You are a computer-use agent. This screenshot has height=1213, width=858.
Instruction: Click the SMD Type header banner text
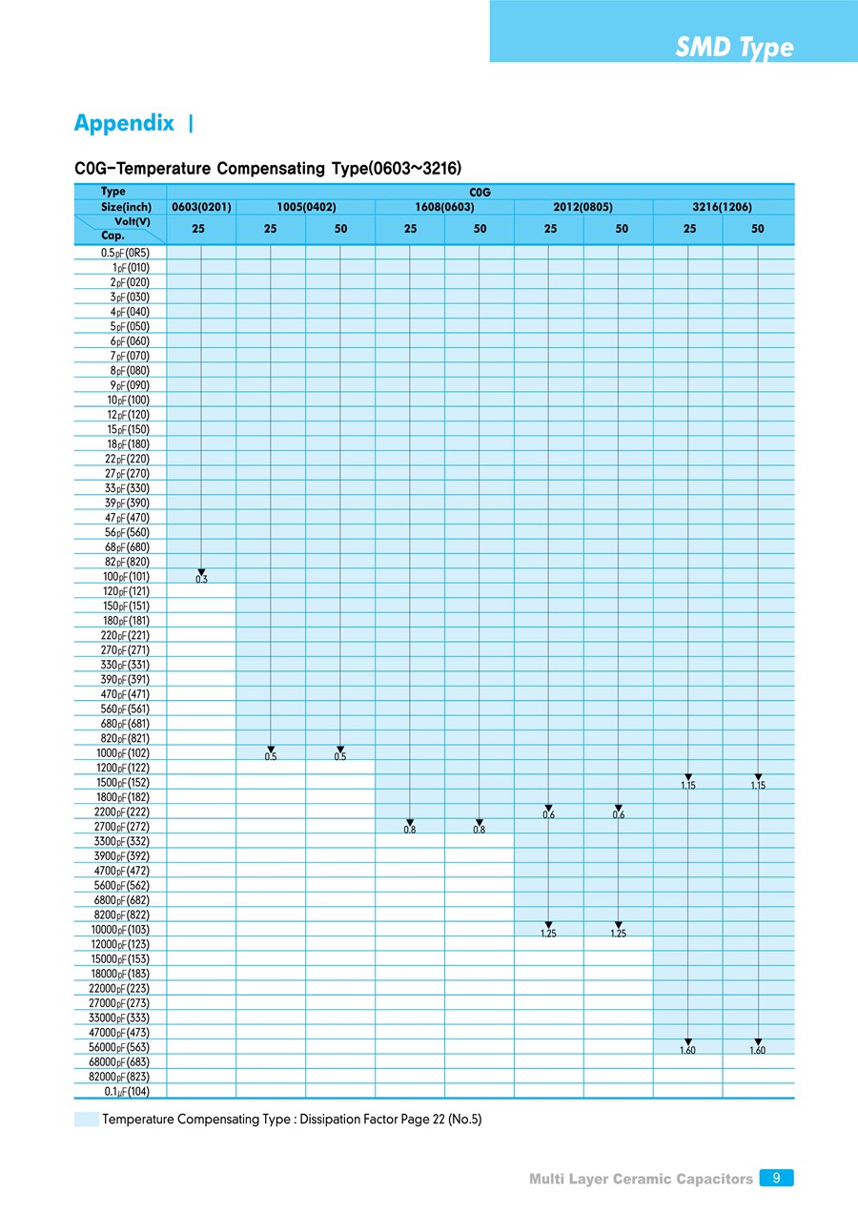tap(734, 48)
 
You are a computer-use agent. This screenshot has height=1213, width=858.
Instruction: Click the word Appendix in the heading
tap(124, 123)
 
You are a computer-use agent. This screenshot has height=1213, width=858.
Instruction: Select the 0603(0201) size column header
tap(201, 206)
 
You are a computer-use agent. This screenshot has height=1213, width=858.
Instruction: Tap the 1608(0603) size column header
tap(444, 206)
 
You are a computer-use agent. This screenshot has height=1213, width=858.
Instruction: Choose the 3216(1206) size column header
tap(723, 206)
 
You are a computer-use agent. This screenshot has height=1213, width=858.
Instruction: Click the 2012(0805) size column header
tap(583, 206)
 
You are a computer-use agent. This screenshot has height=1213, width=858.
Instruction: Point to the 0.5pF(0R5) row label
tap(125, 253)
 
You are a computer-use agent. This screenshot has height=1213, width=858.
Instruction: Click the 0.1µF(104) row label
tap(127, 1091)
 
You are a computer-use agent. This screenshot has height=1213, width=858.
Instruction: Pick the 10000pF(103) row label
tap(121, 929)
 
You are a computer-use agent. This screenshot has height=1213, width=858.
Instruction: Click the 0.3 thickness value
tap(201, 580)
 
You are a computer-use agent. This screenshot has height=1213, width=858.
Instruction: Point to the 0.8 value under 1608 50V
tap(479, 830)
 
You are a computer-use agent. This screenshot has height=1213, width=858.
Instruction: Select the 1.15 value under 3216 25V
tap(688, 786)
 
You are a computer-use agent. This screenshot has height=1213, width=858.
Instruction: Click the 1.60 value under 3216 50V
tap(758, 1050)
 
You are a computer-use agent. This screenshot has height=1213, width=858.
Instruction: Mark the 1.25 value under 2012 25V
tap(548, 934)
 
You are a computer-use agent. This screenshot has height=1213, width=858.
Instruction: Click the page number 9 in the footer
tap(777, 1179)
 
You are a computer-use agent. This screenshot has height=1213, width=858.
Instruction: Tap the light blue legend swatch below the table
tap(86, 1120)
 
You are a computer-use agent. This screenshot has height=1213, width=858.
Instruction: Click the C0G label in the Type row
tap(480, 192)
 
